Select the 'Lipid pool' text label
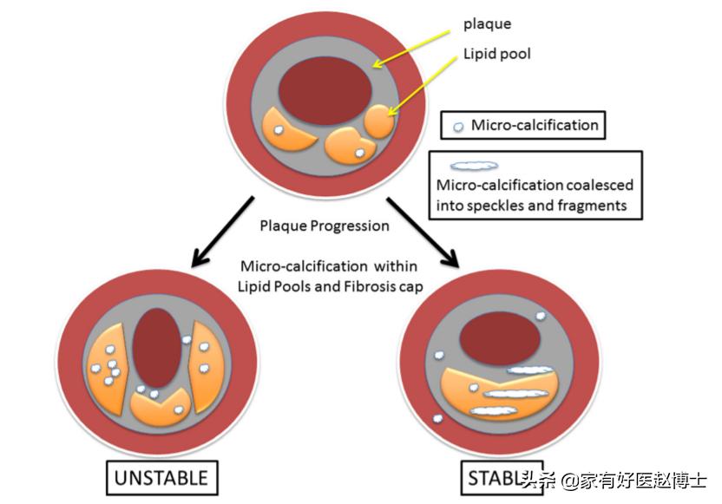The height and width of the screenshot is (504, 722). [x=496, y=54]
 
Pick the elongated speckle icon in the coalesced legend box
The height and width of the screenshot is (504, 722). [x=474, y=165]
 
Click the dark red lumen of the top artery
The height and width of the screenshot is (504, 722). [x=325, y=90]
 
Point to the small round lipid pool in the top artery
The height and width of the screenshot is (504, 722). [x=378, y=121]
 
